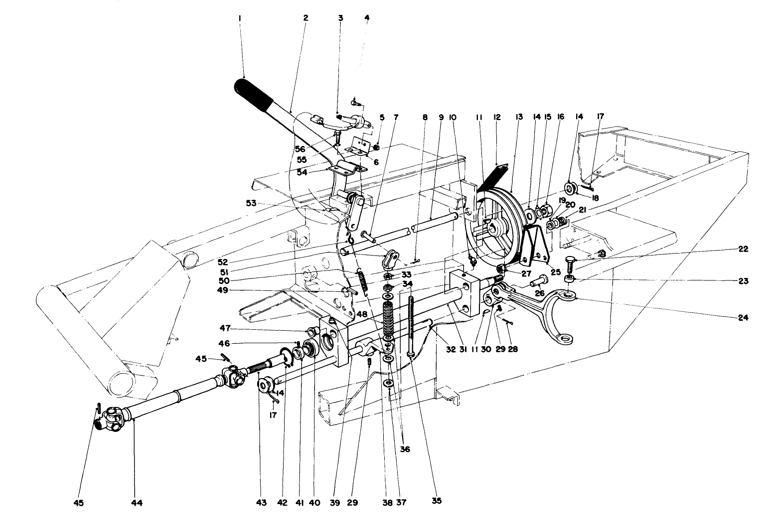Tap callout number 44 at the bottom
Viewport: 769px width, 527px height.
click(x=137, y=503)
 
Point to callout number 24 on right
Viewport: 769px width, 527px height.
click(x=743, y=317)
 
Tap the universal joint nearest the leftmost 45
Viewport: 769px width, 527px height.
click(x=113, y=416)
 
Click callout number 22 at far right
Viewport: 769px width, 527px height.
click(x=743, y=249)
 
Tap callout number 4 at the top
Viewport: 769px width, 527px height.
click(x=367, y=17)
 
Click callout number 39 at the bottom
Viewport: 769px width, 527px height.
click(x=334, y=503)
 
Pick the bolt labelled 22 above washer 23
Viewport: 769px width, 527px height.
click(x=571, y=262)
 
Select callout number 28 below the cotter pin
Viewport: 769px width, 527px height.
click(x=512, y=349)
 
